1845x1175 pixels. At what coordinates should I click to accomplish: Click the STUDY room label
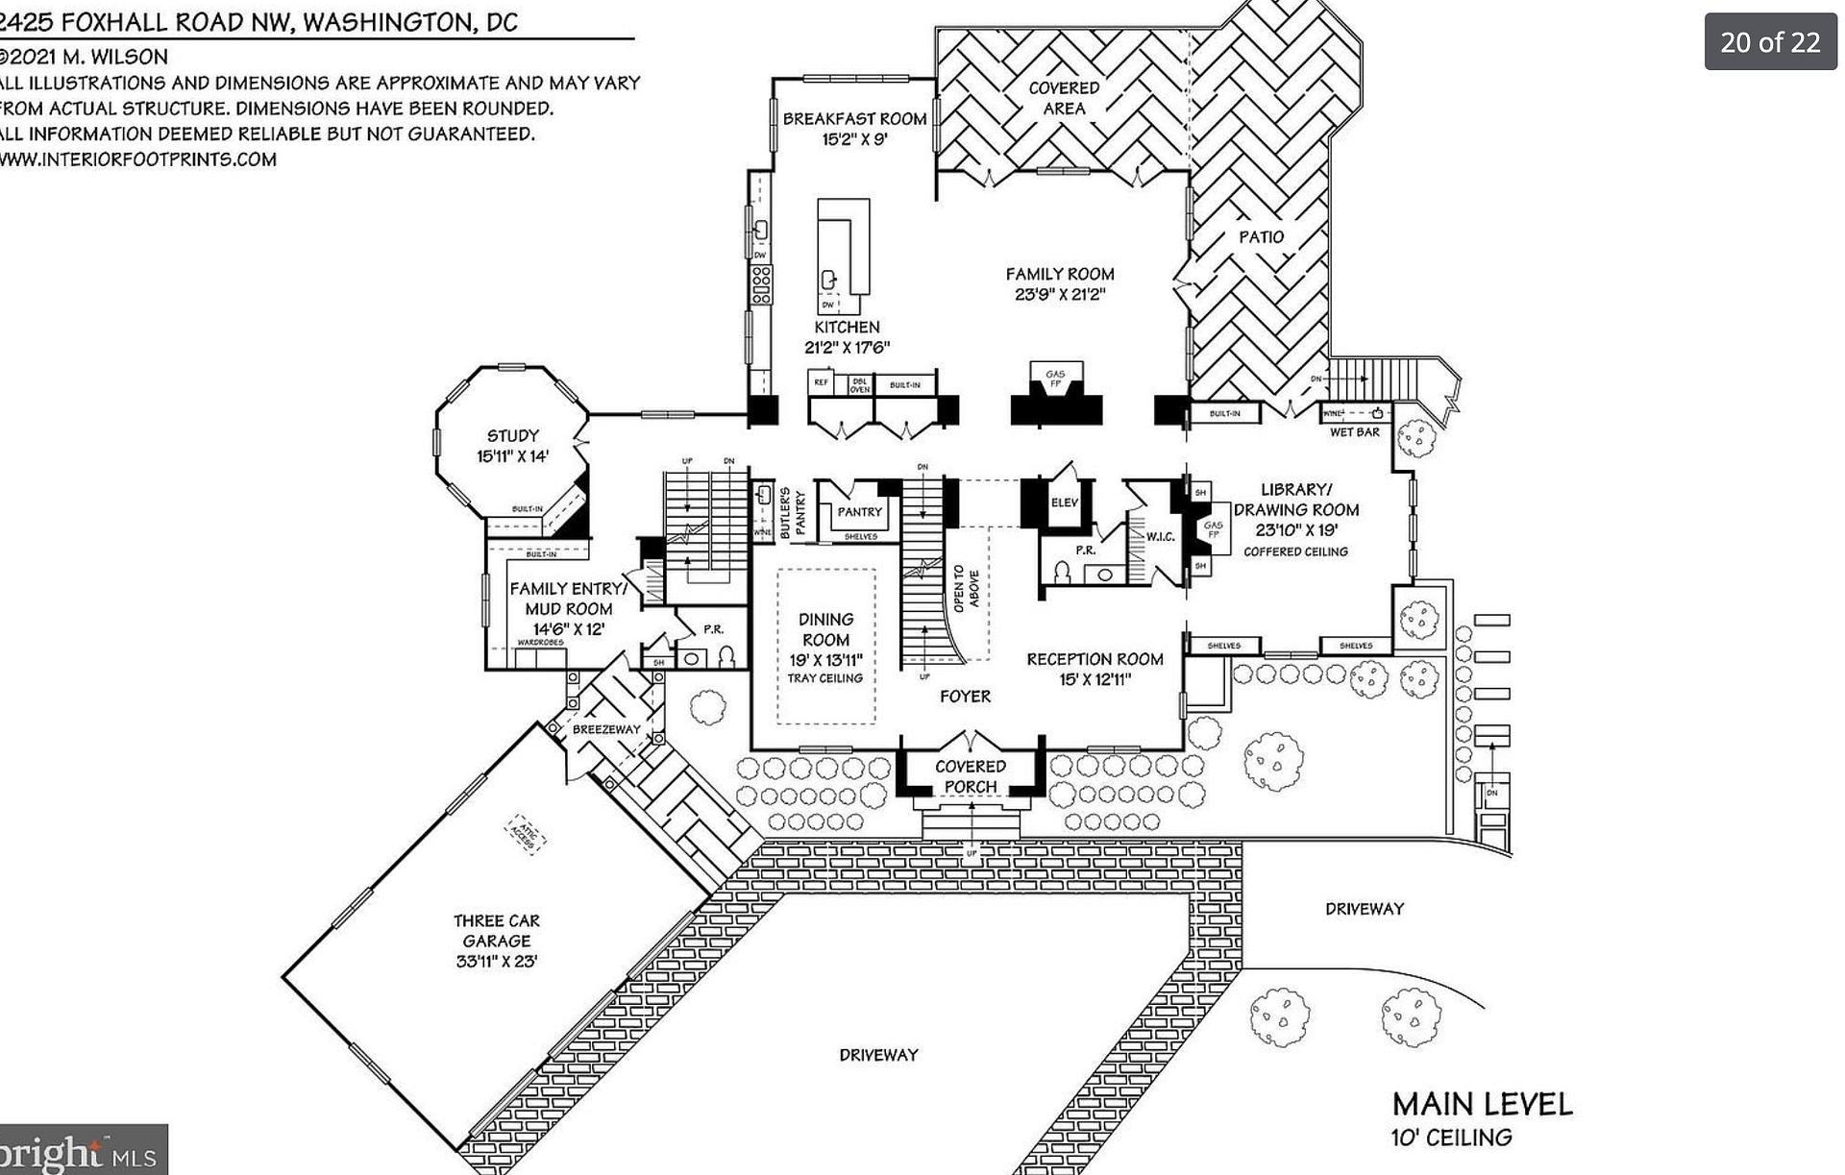tap(512, 436)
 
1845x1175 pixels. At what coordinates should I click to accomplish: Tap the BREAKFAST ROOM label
tap(854, 119)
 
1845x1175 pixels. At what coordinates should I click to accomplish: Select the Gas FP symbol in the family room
tap(1055, 379)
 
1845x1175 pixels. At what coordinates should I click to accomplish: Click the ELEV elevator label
tap(1065, 502)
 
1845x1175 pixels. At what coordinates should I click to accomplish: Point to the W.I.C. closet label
tap(1160, 537)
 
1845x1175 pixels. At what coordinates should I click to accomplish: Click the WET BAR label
tap(1354, 432)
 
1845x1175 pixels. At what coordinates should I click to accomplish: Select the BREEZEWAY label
tap(605, 729)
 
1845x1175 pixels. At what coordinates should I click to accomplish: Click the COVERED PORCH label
tap(970, 776)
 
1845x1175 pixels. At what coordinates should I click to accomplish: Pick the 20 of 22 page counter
tap(1770, 42)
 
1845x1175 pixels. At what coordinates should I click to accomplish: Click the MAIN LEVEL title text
tap(1482, 1104)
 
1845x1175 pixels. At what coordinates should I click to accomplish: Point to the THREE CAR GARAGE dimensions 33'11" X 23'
tap(496, 961)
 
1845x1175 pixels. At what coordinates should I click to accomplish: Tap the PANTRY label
tap(859, 512)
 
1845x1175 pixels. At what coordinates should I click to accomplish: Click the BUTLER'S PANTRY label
tap(793, 512)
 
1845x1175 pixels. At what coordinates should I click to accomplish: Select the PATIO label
tap(1261, 237)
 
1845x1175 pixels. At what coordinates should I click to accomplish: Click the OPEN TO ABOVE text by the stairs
tap(966, 588)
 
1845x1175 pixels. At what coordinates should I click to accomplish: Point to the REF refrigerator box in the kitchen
tap(821, 382)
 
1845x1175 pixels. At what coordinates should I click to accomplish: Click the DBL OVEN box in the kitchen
tap(859, 384)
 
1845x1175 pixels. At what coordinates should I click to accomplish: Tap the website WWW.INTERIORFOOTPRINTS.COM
tap(139, 159)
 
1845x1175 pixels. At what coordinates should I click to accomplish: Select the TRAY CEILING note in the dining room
tap(824, 678)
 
